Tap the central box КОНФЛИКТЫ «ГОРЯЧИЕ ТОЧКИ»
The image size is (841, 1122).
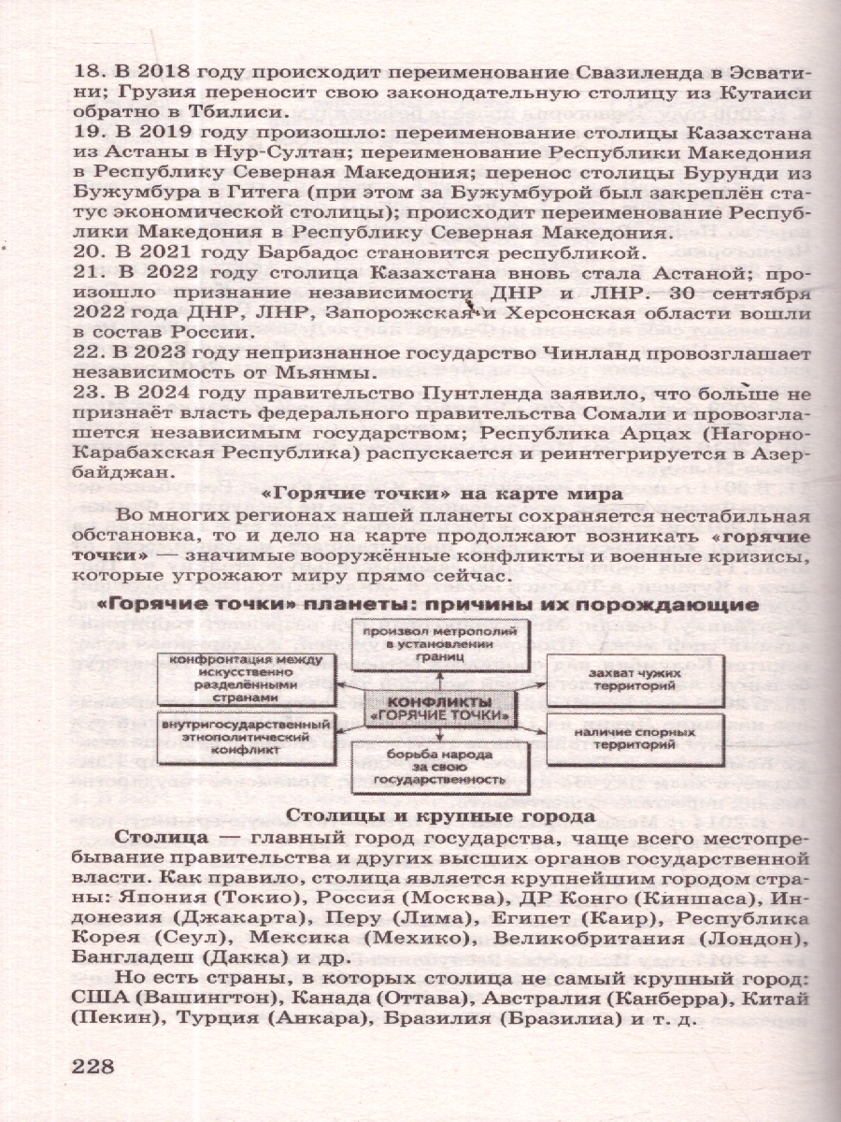[439, 709]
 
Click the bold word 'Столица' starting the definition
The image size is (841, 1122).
[154, 839]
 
